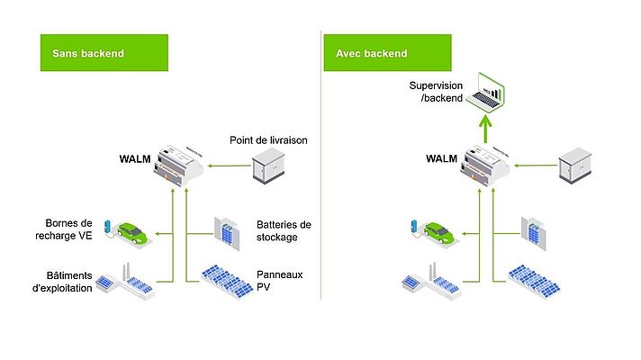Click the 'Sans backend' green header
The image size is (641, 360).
[x=104, y=53]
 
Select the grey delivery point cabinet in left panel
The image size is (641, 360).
[x=269, y=166]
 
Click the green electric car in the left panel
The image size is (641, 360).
[x=129, y=233]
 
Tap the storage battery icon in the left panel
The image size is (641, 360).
[x=226, y=230]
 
